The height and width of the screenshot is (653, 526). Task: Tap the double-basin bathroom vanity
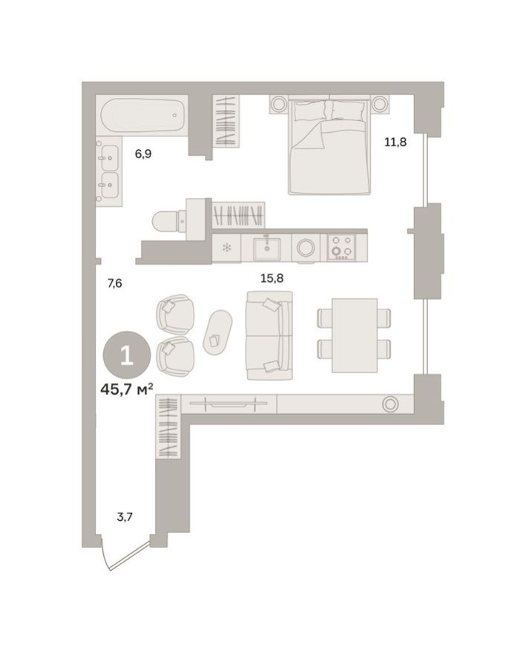coord(109,171)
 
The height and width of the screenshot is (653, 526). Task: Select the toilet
coord(168,220)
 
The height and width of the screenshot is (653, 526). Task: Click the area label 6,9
coord(143,154)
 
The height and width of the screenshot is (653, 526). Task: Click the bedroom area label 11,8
coord(395,142)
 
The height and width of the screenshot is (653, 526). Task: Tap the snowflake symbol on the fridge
coord(228,249)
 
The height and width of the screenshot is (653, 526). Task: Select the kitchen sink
coord(266,249)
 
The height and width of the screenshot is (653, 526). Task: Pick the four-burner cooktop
coord(342,248)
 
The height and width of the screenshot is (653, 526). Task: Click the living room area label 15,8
coord(272,278)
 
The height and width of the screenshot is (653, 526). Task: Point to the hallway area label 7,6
coord(114,283)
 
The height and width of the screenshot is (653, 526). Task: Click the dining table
coord(354,335)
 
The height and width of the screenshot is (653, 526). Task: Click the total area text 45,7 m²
coord(126,388)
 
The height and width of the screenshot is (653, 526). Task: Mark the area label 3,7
coord(125,517)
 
